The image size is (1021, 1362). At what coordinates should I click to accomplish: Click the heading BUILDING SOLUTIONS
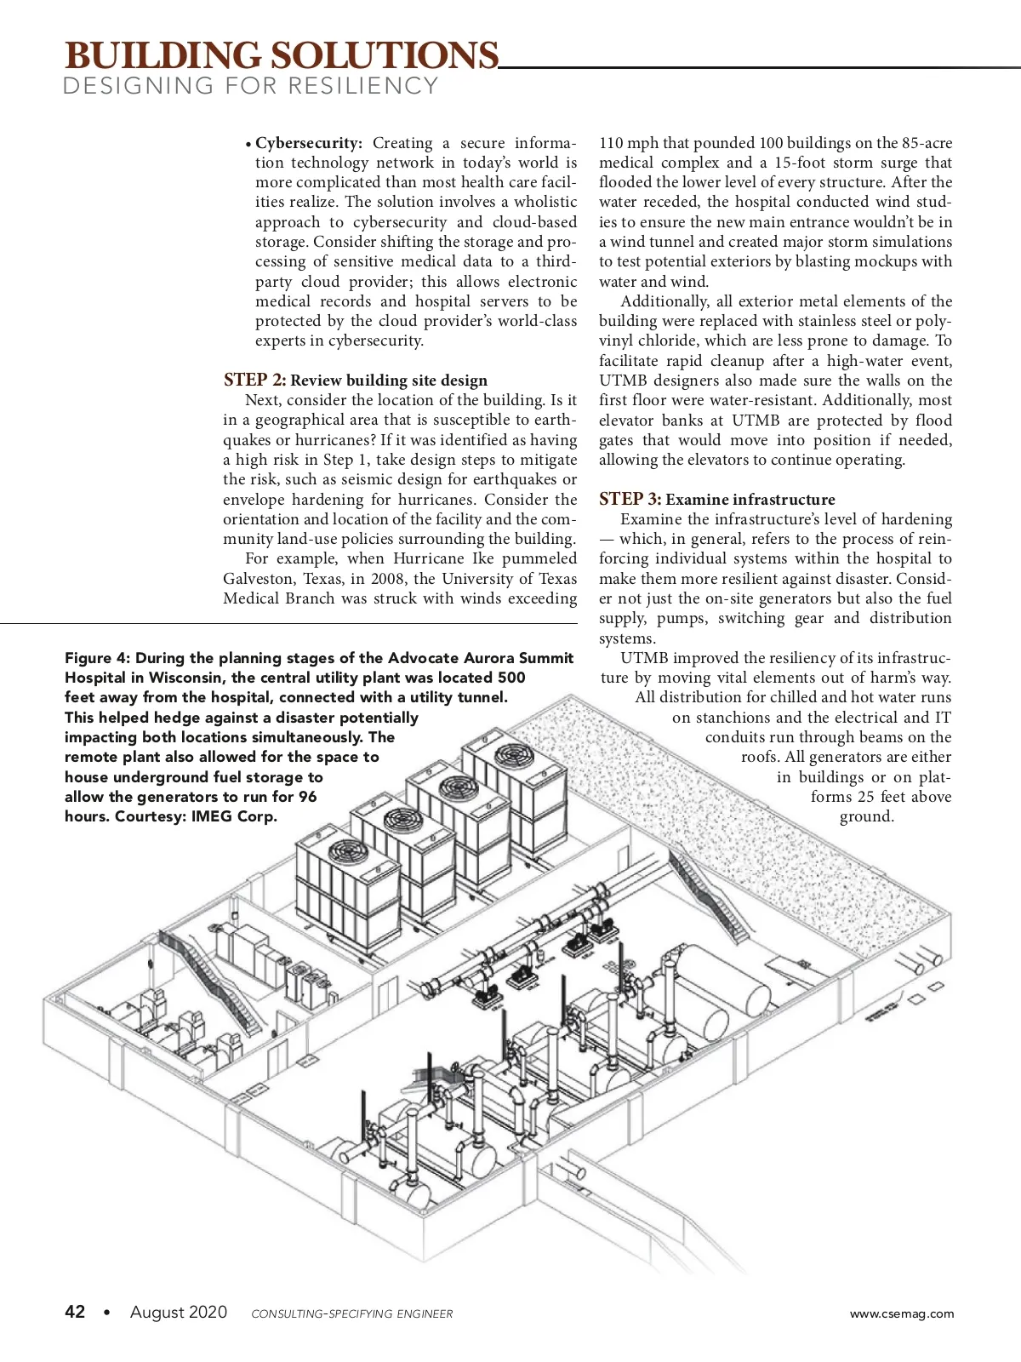point(281,55)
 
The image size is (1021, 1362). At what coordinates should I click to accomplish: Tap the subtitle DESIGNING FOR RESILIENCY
point(251,86)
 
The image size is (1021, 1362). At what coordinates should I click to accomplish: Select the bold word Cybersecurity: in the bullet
point(309,143)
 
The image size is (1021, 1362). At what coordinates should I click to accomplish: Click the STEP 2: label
point(254,380)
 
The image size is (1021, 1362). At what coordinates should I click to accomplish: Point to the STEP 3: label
point(630,499)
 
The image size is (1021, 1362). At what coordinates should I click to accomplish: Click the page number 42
point(75,1312)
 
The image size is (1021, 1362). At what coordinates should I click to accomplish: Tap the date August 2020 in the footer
point(179,1312)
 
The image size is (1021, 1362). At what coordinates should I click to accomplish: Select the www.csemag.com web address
point(902,1313)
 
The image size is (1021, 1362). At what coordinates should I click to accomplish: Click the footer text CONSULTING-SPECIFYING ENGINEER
point(352,1313)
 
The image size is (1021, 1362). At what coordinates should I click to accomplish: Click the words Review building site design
point(389,381)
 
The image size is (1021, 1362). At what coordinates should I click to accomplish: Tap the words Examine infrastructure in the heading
point(750,500)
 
